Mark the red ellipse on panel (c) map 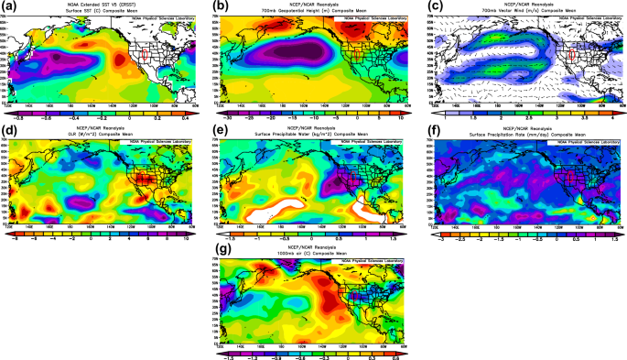tap(569, 57)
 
